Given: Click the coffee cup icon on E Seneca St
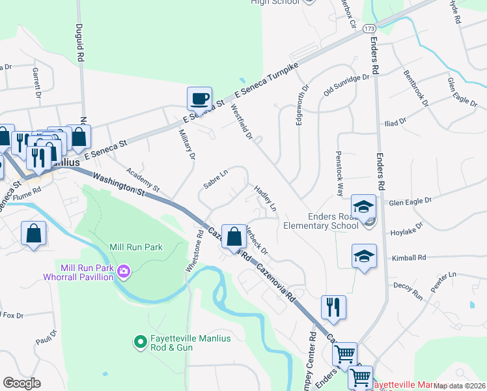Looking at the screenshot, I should coord(200,99).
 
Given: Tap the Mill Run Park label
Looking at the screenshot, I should coord(136,247).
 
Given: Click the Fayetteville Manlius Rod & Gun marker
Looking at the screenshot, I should coord(139,341).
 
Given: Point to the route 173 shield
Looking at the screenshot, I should coord(369,29).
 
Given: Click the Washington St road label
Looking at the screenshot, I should coord(118,184).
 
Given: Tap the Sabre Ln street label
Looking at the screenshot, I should coord(215,181).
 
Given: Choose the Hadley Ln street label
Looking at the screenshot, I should coord(266,198).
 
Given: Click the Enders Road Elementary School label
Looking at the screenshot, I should coord(320,221).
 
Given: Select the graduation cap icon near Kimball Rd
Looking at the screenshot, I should coord(364,255).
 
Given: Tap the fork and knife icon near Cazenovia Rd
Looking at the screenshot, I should coord(333,307).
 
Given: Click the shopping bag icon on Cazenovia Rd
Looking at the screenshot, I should coord(233,236).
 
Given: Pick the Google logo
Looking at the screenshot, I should coord(21,383).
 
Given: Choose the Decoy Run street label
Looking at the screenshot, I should coord(408,291).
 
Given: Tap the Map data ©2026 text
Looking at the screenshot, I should coord(460,386).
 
